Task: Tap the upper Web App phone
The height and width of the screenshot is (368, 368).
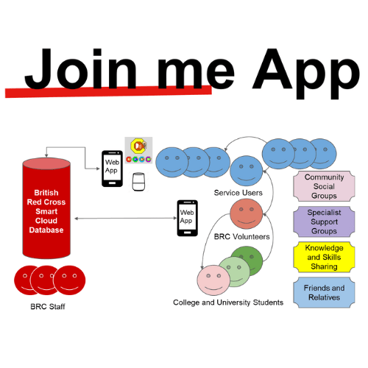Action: [x=112, y=169]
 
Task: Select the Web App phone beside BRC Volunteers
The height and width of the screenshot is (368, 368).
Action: [x=187, y=219]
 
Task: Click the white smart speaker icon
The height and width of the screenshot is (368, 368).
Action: [x=138, y=182]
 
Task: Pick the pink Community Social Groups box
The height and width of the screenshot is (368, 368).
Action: [x=324, y=187]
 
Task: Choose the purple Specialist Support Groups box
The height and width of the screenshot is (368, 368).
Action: [x=324, y=222]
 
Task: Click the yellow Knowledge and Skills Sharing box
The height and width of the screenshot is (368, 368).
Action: [x=324, y=258]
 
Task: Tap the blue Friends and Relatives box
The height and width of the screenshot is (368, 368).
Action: [x=324, y=293]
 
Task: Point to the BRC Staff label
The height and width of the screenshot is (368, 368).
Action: [x=47, y=305]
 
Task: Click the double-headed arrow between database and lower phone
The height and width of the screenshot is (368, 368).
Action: [x=124, y=219]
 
